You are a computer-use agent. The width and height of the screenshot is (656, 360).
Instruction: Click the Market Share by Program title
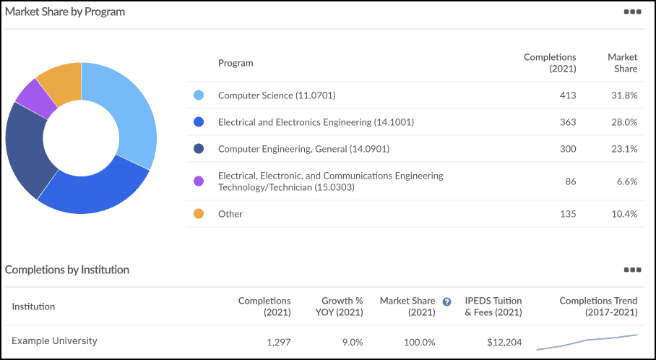tap(65, 12)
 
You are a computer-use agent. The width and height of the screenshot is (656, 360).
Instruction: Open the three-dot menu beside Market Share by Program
tap(632, 12)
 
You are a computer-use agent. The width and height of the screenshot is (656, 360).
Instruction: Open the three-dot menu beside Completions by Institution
tap(632, 270)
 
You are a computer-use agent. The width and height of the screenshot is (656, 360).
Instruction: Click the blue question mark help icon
tap(446, 301)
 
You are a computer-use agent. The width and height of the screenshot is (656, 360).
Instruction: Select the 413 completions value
tap(567, 95)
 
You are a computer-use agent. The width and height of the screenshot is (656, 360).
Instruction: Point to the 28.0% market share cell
tap(625, 122)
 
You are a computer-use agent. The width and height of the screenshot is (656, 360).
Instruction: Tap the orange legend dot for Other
tap(199, 214)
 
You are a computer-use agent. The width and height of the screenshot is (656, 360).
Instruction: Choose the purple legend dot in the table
tap(199, 181)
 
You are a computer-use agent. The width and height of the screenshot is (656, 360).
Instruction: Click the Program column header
tap(236, 63)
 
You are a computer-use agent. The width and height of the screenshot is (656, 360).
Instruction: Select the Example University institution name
tap(54, 341)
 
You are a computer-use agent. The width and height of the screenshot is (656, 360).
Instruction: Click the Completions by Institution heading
tap(67, 270)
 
